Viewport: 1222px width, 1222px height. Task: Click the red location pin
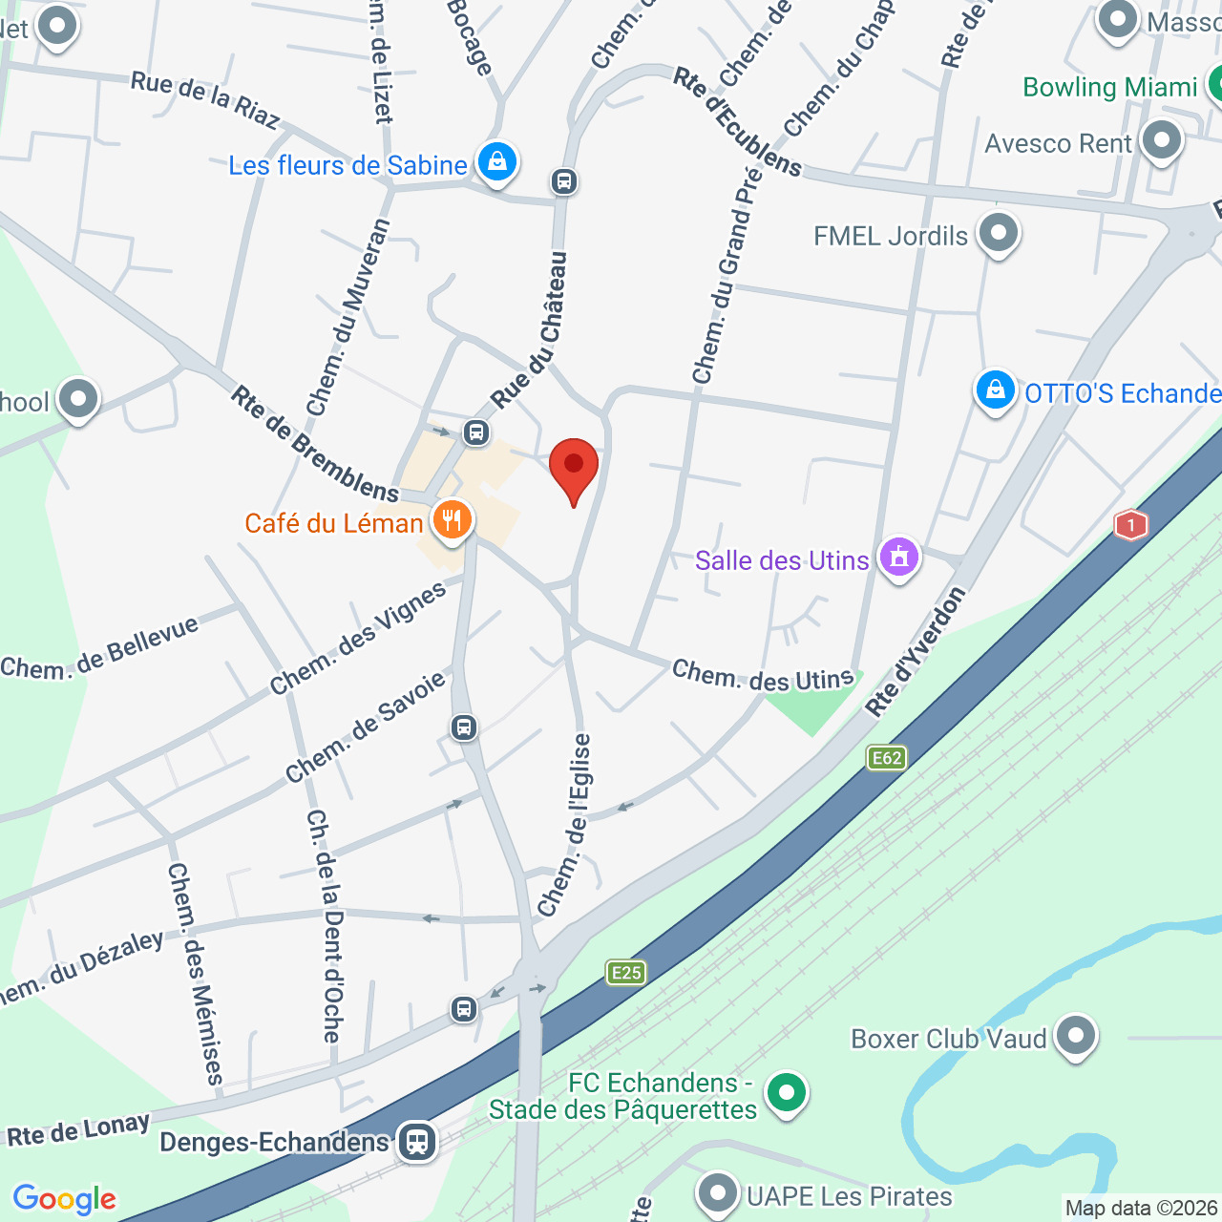click(574, 467)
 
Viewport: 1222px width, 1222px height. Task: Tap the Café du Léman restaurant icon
click(452, 520)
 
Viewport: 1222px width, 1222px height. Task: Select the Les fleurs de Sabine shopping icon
click(497, 162)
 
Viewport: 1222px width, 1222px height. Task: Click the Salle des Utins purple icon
click(899, 558)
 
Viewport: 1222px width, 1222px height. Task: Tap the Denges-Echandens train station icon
click(417, 1141)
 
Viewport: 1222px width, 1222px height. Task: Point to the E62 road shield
click(887, 758)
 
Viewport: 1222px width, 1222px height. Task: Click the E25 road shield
click(626, 973)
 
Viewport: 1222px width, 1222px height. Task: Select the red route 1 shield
click(1130, 525)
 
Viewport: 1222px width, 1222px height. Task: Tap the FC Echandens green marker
click(787, 1092)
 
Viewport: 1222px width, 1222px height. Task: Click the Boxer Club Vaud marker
click(1077, 1035)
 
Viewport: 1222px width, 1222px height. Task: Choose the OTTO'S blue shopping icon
click(995, 390)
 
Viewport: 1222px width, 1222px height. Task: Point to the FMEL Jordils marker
click(1000, 233)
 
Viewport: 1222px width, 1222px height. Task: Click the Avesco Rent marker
click(1162, 141)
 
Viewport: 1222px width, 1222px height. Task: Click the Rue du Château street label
click(532, 329)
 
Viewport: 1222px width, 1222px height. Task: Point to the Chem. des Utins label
click(763, 677)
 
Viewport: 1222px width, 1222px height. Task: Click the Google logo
click(65, 1199)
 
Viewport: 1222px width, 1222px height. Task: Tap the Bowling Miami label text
click(1109, 87)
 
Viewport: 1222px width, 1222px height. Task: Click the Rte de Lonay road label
click(78, 1130)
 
